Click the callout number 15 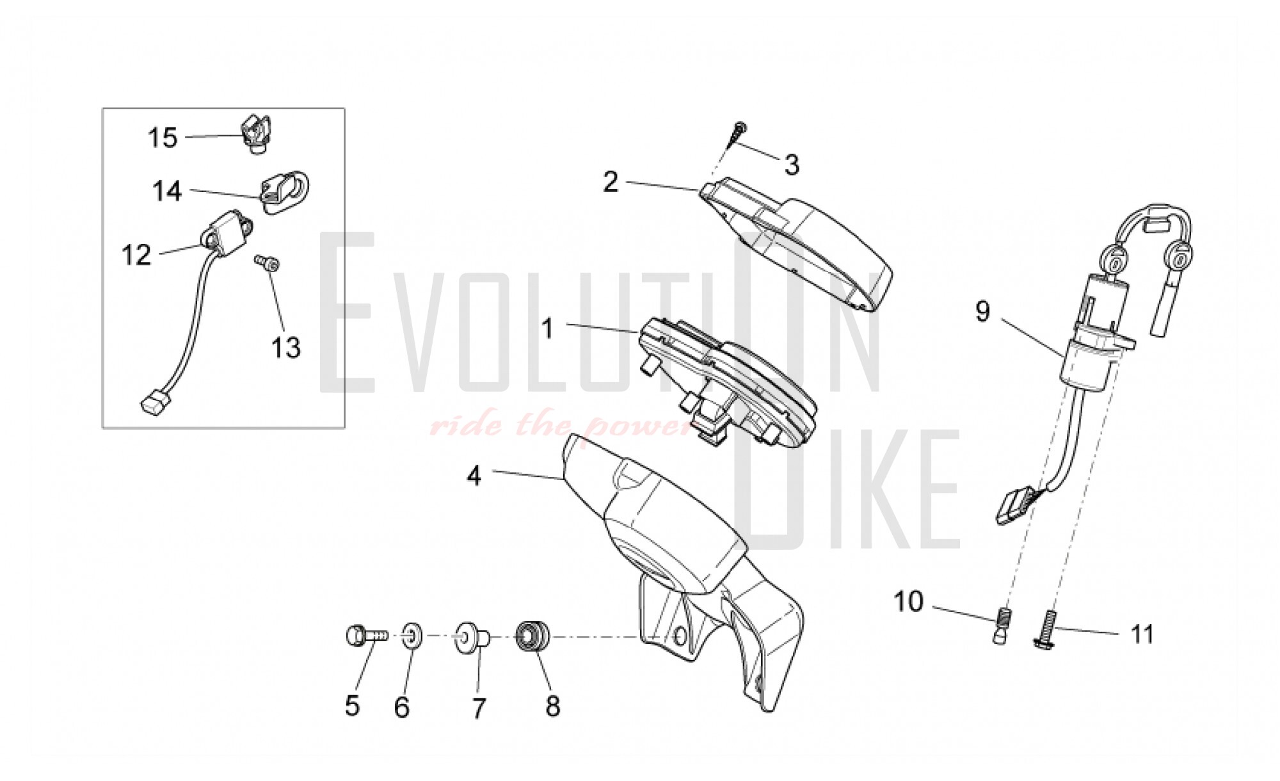point(163,137)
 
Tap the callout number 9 point(982,312)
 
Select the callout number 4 point(474,476)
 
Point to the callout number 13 point(286,348)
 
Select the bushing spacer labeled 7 point(472,638)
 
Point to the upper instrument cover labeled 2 point(797,245)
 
